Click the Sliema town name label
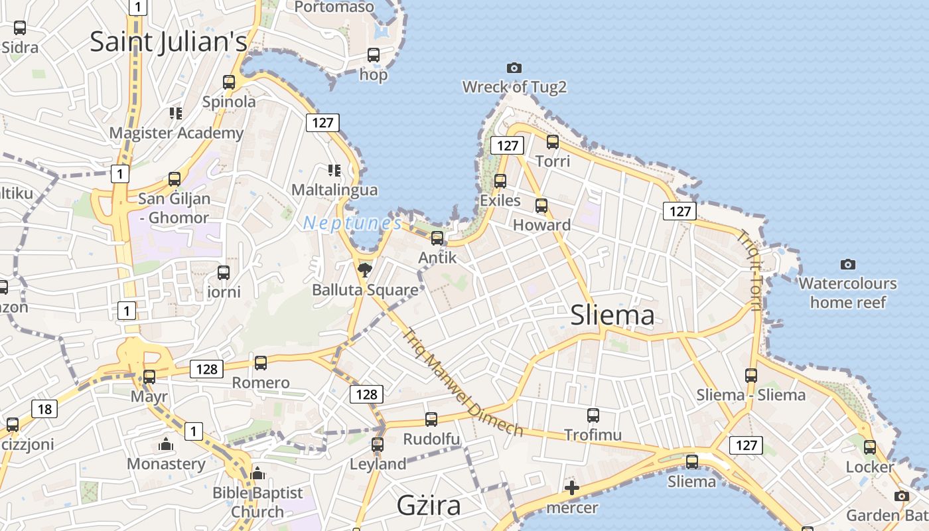pos(612,316)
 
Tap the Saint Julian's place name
pos(168,42)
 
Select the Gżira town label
pos(429,506)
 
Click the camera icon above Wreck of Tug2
pos(514,68)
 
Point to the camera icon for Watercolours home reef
pos(847,265)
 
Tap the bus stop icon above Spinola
pos(229,82)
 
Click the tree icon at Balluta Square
pos(364,269)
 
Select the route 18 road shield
pos(44,409)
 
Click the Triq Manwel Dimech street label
pos(462,383)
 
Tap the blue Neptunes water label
pos(352,224)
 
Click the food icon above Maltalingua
pos(334,171)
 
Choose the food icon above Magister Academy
pos(176,114)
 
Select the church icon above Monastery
pos(166,444)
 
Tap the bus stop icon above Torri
pos(552,141)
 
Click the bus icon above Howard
pos(541,206)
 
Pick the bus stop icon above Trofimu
pos(593,416)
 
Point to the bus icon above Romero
pos(261,363)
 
